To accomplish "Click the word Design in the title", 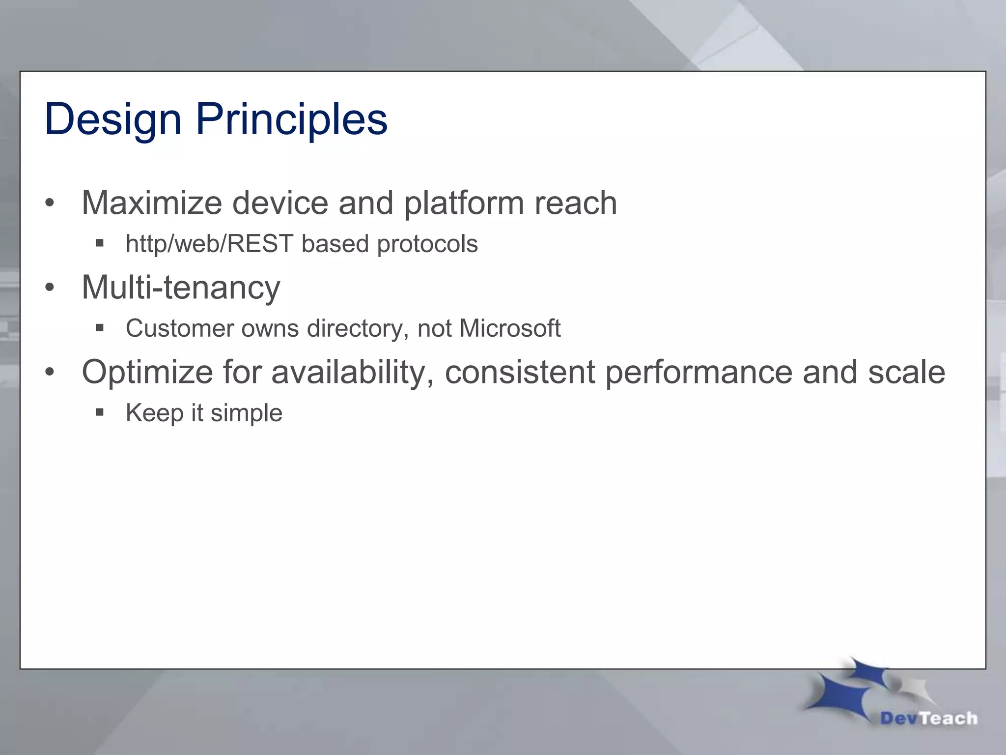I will point(113,119).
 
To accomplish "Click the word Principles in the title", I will point(292,119).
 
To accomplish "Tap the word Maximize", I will point(151,203).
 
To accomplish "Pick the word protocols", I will point(427,244).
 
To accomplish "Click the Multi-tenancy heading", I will point(181,287).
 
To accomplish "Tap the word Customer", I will point(179,328).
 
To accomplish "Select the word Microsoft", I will point(509,328).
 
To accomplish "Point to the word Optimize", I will point(147,372).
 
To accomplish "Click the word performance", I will point(699,372).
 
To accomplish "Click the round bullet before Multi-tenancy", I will point(49,288).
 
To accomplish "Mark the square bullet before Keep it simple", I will point(100,412).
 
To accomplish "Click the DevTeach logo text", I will point(928,719).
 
